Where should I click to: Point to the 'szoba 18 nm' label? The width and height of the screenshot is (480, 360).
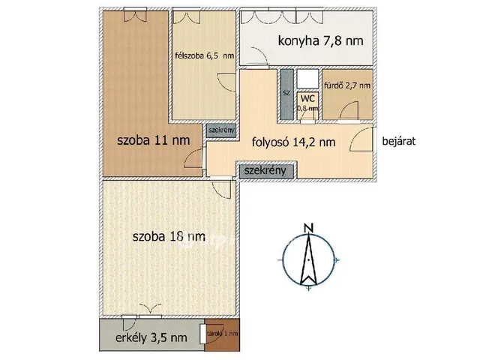(168, 236)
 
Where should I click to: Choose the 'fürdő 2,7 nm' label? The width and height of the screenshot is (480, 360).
(346, 85)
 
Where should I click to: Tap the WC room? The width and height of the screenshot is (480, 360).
(307, 103)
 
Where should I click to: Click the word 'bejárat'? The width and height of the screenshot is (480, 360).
(400, 140)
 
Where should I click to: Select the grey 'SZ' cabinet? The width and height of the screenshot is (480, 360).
(286, 93)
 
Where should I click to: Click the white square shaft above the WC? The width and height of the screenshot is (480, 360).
(307, 79)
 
